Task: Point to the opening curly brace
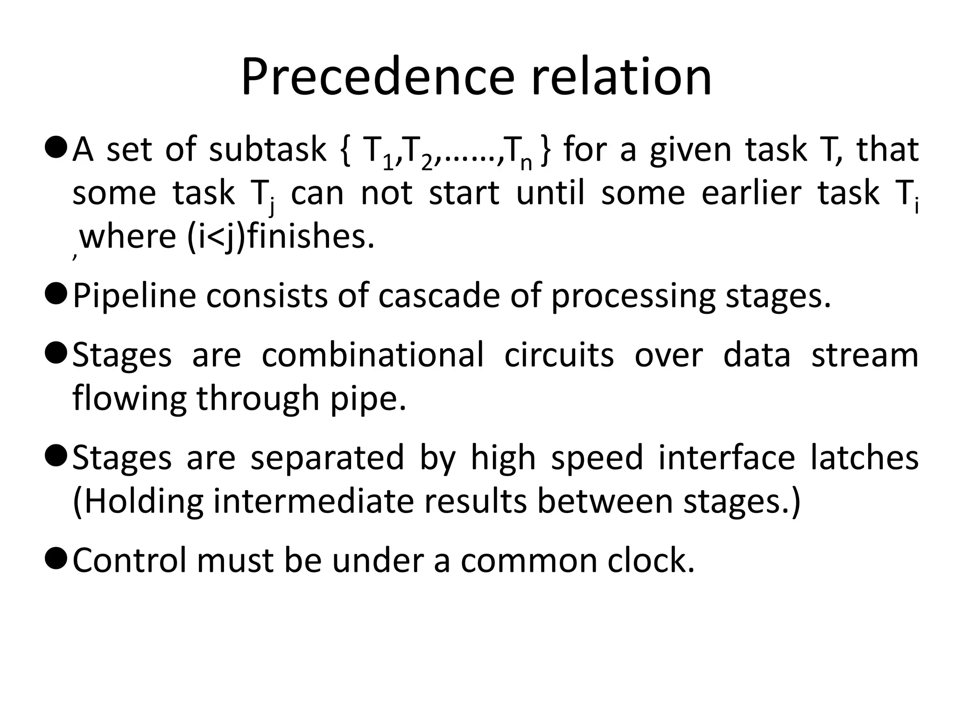345,150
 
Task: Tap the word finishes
310,236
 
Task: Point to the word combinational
373,355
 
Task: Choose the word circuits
559,355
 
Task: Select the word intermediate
313,501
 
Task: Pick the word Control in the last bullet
129,560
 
